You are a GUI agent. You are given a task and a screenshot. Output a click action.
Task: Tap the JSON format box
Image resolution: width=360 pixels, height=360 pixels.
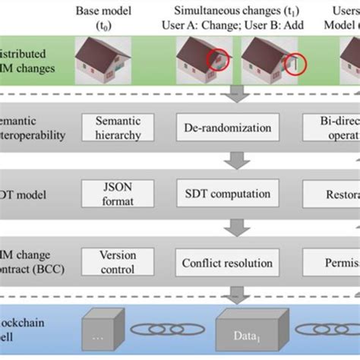118,195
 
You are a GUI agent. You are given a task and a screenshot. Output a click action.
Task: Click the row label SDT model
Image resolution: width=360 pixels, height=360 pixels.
27,195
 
